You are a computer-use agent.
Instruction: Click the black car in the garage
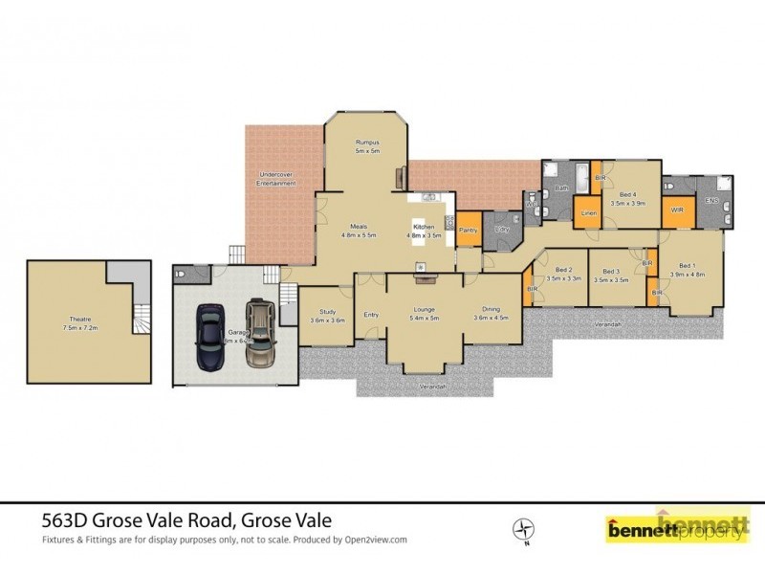pyautogui.click(x=210, y=337)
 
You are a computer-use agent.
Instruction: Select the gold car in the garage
pyautogui.click(x=260, y=335)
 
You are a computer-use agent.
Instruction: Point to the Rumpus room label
pyautogui.click(x=368, y=143)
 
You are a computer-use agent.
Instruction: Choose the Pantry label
pyautogui.click(x=468, y=231)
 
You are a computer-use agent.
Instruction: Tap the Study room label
pyautogui.click(x=327, y=312)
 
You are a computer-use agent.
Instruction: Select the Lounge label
pyautogui.click(x=425, y=309)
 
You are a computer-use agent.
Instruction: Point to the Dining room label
pyautogui.click(x=491, y=309)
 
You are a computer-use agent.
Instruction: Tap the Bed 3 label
pyautogui.click(x=611, y=272)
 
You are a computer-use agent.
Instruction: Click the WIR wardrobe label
pyautogui.click(x=677, y=210)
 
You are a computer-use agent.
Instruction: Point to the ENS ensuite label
pyautogui.click(x=711, y=200)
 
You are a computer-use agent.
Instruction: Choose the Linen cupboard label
pyautogui.click(x=589, y=212)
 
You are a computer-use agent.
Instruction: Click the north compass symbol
pyautogui.click(x=524, y=528)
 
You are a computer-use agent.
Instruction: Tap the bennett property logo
pyautogui.click(x=675, y=527)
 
